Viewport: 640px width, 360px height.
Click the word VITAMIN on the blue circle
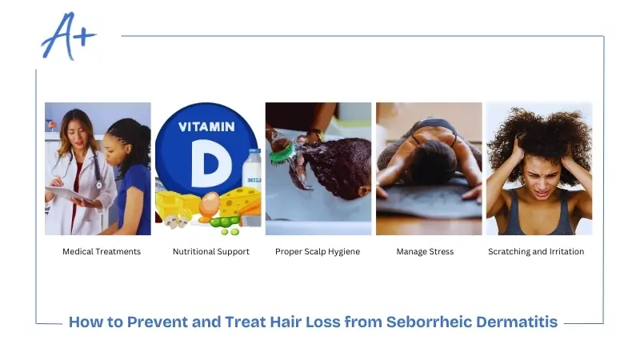[x=206, y=126]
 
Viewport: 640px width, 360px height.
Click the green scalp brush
[x=281, y=151]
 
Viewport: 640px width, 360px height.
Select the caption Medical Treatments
[x=102, y=251]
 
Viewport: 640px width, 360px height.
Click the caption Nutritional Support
[x=211, y=251]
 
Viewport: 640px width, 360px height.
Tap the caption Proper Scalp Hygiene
[x=318, y=251]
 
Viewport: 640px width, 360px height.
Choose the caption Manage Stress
[x=425, y=251]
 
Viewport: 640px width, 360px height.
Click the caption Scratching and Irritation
[x=536, y=251]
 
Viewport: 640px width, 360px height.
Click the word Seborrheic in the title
[x=430, y=322]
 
